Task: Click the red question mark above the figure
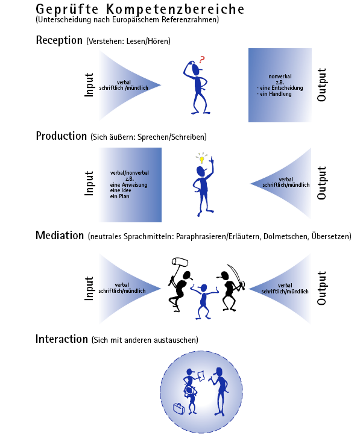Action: [202, 59]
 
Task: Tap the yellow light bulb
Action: [201, 160]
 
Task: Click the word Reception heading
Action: [59, 40]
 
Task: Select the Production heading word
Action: [62, 136]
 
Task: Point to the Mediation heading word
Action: [60, 235]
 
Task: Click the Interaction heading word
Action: [62, 339]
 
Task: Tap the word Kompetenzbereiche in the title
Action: [175, 10]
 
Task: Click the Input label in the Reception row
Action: [89, 85]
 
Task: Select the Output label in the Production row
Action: [321, 183]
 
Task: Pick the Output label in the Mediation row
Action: [321, 288]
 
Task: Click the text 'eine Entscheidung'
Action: [282, 88]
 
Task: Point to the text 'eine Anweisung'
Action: [128, 184]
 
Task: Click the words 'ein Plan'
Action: [119, 196]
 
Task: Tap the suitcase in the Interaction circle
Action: [179, 408]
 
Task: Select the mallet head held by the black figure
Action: [180, 261]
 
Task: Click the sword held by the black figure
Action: [237, 275]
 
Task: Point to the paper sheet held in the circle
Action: [201, 375]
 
